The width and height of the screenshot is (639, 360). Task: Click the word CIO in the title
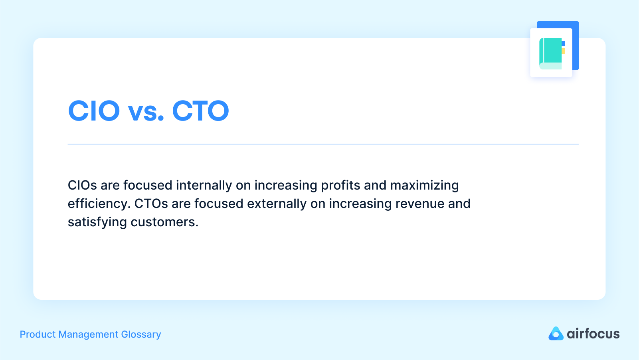pyautogui.click(x=94, y=111)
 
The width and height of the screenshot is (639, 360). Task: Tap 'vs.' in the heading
pyautogui.click(x=146, y=111)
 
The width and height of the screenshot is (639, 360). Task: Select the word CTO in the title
pyautogui.click(x=200, y=111)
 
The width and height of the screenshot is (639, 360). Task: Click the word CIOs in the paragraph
pyautogui.click(x=82, y=185)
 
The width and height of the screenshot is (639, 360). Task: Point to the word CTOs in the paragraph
pyautogui.click(x=151, y=204)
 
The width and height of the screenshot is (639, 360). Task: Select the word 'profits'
pyautogui.click(x=340, y=185)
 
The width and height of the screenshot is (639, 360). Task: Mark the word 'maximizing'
pyautogui.click(x=424, y=186)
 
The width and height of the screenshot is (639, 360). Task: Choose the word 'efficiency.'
pyautogui.click(x=99, y=204)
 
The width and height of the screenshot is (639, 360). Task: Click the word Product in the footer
pyautogui.click(x=38, y=334)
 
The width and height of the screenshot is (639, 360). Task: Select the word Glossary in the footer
pyautogui.click(x=141, y=334)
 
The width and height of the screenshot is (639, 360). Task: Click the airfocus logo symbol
pyautogui.click(x=556, y=334)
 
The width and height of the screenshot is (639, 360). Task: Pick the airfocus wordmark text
pyautogui.click(x=593, y=334)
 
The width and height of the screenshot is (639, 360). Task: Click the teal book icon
pyautogui.click(x=551, y=53)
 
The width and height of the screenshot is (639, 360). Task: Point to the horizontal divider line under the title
pyautogui.click(x=323, y=144)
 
